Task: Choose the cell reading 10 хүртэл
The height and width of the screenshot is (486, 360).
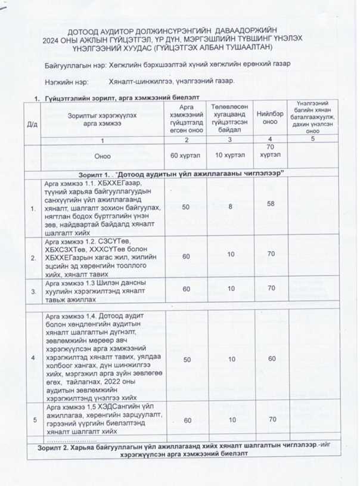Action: click(x=229, y=156)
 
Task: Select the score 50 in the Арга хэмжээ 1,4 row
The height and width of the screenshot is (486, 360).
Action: click(x=186, y=359)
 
